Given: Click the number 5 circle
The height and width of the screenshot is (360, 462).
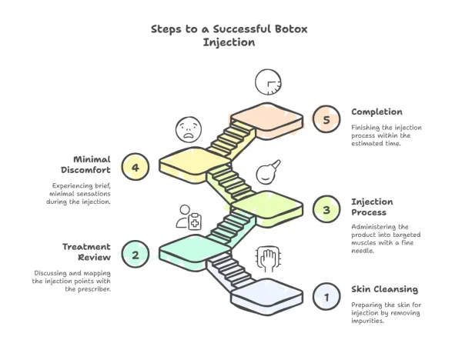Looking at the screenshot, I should (x=326, y=119).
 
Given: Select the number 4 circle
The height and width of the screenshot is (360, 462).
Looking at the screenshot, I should (x=135, y=168).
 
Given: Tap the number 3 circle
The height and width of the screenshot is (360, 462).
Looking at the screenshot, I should (x=326, y=208).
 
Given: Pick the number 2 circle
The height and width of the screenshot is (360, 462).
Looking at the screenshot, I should (x=135, y=255).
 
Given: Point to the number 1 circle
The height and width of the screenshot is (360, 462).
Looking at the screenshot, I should (x=326, y=296).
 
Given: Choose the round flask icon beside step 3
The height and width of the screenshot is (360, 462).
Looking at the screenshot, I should (x=266, y=170).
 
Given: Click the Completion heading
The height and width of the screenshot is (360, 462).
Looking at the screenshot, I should (x=377, y=112).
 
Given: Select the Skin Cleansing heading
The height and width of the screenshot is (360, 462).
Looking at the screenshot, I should (x=385, y=289).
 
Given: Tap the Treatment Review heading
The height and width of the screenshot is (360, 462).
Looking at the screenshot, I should (x=85, y=252).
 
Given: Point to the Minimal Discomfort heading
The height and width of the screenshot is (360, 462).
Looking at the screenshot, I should (x=86, y=164).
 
